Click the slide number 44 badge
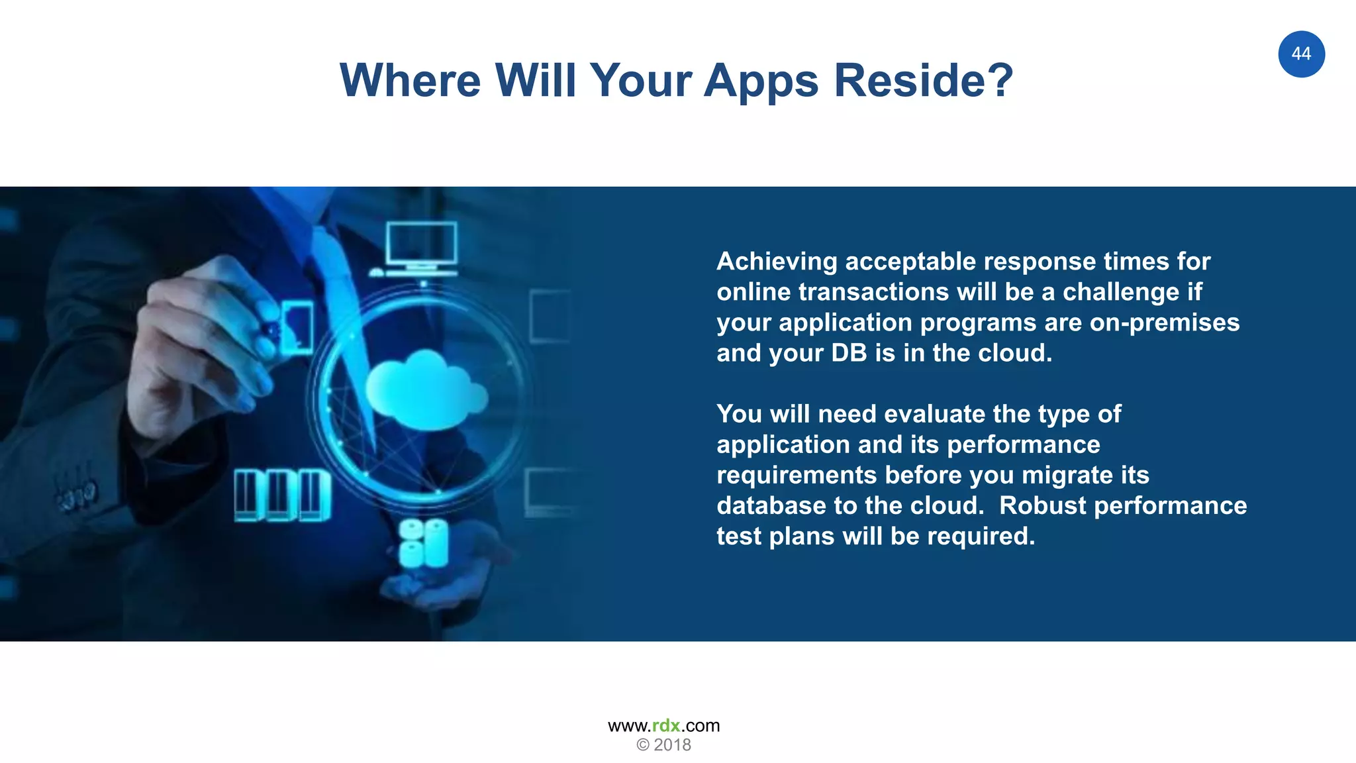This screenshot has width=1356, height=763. click(x=1301, y=54)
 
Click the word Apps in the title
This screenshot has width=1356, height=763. click(x=761, y=81)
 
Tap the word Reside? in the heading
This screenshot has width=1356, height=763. click(x=923, y=81)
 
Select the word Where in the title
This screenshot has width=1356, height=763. click(x=410, y=81)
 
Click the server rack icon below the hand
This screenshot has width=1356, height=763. click(x=283, y=495)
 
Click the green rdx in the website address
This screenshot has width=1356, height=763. click(x=665, y=726)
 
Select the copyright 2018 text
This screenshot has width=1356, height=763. click(x=663, y=745)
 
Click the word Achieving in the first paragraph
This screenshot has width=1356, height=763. click(x=777, y=262)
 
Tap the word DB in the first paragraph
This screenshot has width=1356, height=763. click(x=849, y=353)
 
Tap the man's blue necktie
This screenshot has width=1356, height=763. click(x=338, y=278)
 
